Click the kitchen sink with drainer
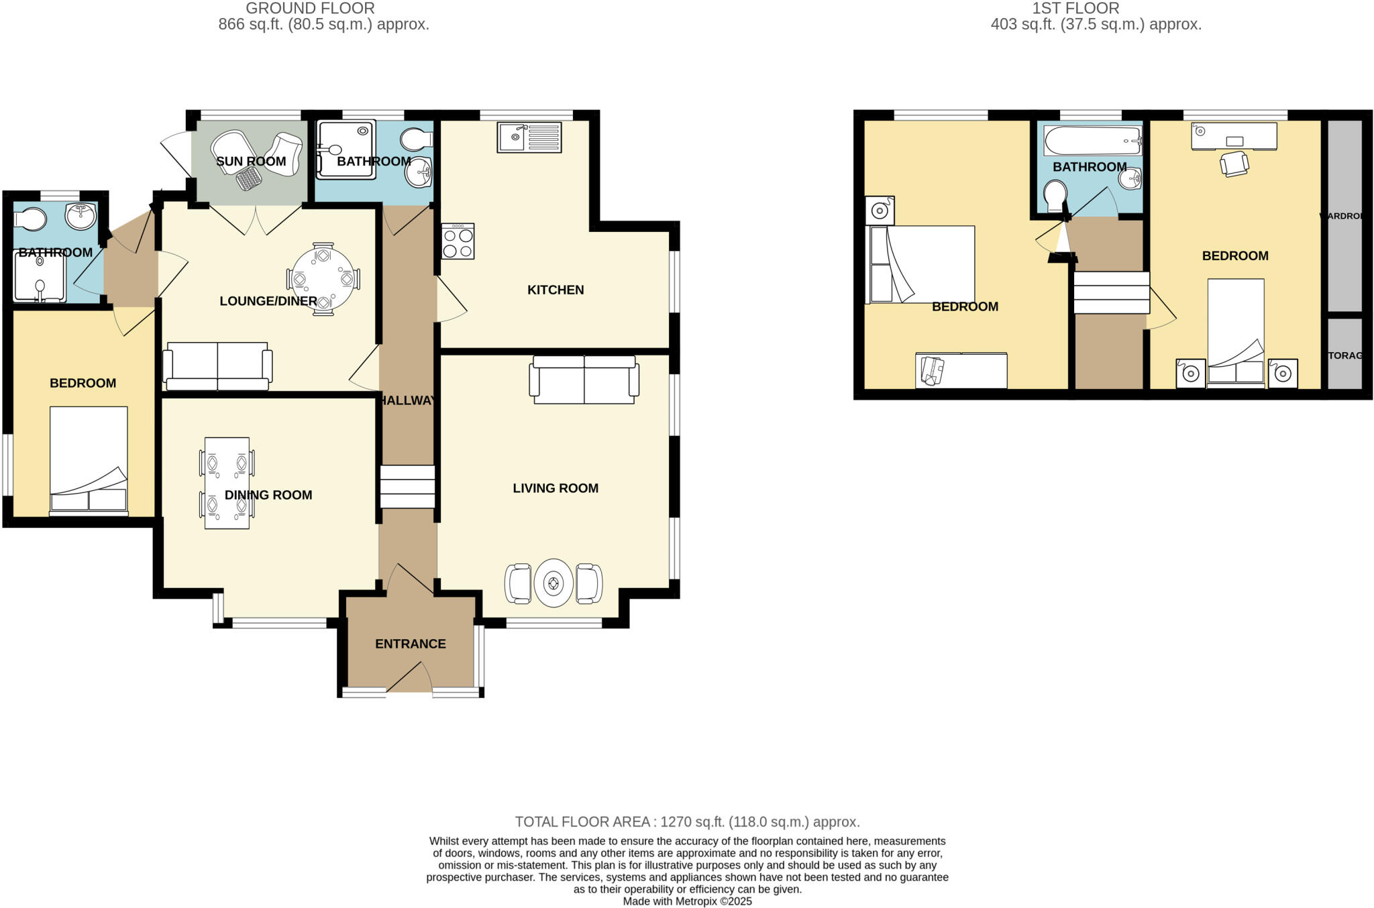[529, 137]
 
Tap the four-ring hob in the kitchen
[458, 241]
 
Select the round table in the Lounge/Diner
[323, 278]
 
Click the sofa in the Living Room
[584, 380]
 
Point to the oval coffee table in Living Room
[553, 583]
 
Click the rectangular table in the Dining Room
[227, 483]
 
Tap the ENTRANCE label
[410, 644]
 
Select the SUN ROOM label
[251, 162]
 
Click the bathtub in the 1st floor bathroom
[1092, 141]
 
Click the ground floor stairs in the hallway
[407, 487]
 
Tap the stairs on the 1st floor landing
[1111, 292]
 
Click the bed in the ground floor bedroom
[89, 460]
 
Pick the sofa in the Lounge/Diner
[217, 366]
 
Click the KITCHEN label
[556, 290]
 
